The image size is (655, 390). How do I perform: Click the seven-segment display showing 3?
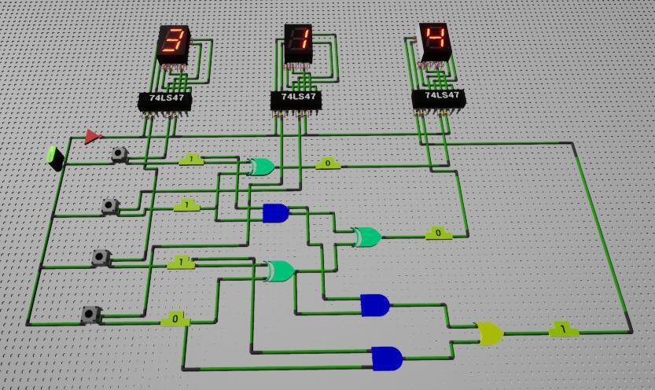(174, 45)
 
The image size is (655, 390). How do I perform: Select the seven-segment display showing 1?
(298, 44)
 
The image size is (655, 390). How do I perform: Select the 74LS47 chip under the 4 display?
(437, 97)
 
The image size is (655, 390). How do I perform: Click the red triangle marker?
(93, 137)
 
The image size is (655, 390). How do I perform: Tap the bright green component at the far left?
(55, 157)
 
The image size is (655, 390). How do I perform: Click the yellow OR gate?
(489, 333)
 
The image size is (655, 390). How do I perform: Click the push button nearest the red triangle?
(120, 154)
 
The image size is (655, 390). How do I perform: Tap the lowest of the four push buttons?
(91, 315)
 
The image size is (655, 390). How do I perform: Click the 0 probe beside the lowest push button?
(175, 319)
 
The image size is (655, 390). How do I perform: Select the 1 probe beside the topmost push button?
(192, 160)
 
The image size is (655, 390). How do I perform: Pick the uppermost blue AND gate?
(275, 212)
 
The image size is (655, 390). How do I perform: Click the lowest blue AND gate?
(386, 359)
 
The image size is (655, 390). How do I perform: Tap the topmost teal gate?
(261, 167)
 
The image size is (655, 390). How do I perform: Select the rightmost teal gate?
(366, 236)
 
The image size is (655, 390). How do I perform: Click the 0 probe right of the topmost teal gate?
(328, 164)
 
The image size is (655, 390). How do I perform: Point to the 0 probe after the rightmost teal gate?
(438, 234)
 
